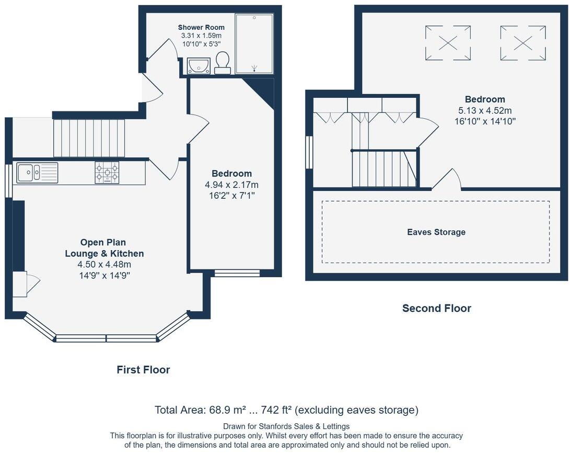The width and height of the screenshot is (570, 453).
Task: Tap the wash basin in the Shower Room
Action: coord(199,66)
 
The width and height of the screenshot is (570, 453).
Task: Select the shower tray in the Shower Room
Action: coord(254,43)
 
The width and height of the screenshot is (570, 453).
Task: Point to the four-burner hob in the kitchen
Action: coord(107,172)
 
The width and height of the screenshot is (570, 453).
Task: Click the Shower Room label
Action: coord(201,27)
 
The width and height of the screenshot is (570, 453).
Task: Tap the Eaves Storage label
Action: coord(436,232)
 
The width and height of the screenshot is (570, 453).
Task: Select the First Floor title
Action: coord(143,370)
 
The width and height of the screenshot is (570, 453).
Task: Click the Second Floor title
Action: coord(436,309)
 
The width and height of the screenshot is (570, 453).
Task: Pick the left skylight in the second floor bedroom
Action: coord(448,43)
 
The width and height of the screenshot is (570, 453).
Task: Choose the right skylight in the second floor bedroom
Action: coord(523,43)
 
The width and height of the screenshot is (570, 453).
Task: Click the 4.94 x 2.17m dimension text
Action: coord(231,185)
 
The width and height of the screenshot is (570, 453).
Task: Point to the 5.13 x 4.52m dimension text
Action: coord(485,110)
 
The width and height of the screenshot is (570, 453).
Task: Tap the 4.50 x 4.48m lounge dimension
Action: coord(104,265)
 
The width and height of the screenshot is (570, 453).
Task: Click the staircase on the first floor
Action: coord(89,138)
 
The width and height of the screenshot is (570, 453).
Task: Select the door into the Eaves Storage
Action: coord(447,180)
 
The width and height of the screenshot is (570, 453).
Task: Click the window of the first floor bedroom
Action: coord(237,273)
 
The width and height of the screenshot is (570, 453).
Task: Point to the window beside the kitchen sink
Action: coord(8,181)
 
